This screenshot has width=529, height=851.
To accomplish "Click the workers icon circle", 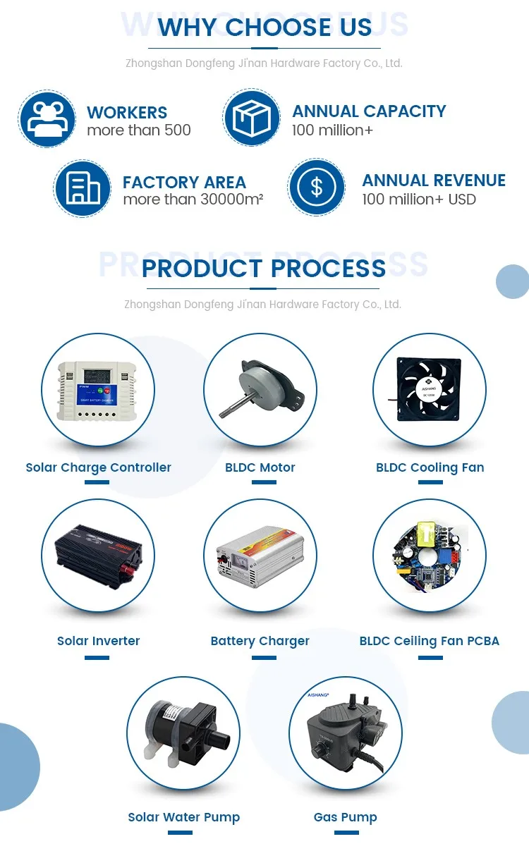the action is pyautogui.click(x=47, y=119).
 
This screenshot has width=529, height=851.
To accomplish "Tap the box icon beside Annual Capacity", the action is pyautogui.click(x=252, y=118).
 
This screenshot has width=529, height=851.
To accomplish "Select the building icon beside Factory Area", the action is pyautogui.click(x=83, y=188).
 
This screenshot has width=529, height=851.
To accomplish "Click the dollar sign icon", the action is pyautogui.click(x=316, y=188).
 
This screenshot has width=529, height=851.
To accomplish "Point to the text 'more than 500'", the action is pyautogui.click(x=139, y=130).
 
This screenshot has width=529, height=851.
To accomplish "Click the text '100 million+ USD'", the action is pyautogui.click(x=419, y=200).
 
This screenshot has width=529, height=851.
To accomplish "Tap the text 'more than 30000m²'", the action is pyautogui.click(x=193, y=200).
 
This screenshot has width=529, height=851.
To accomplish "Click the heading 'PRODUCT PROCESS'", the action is pyautogui.click(x=264, y=269).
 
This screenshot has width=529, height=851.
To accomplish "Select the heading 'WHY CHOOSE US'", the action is pyautogui.click(x=264, y=27).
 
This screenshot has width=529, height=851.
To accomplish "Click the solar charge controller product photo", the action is pyautogui.click(x=98, y=391).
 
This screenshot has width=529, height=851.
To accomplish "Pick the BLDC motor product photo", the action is pyautogui.click(x=260, y=391).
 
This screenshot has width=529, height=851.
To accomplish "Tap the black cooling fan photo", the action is pyautogui.click(x=429, y=390).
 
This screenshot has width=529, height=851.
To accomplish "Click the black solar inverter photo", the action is pyautogui.click(x=98, y=556).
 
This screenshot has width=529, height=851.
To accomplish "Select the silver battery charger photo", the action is pyautogui.click(x=260, y=556).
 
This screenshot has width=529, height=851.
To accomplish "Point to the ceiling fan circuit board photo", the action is pyautogui.click(x=429, y=556).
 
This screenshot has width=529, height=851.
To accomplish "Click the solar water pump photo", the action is pyautogui.click(x=183, y=733).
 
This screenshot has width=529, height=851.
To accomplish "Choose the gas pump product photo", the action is pyautogui.click(x=346, y=733).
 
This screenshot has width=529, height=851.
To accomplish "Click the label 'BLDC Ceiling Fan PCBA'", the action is pyautogui.click(x=429, y=641).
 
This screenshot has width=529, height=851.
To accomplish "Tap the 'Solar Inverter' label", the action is pyautogui.click(x=98, y=641).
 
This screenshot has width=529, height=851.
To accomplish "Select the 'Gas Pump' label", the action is pyautogui.click(x=346, y=817).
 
